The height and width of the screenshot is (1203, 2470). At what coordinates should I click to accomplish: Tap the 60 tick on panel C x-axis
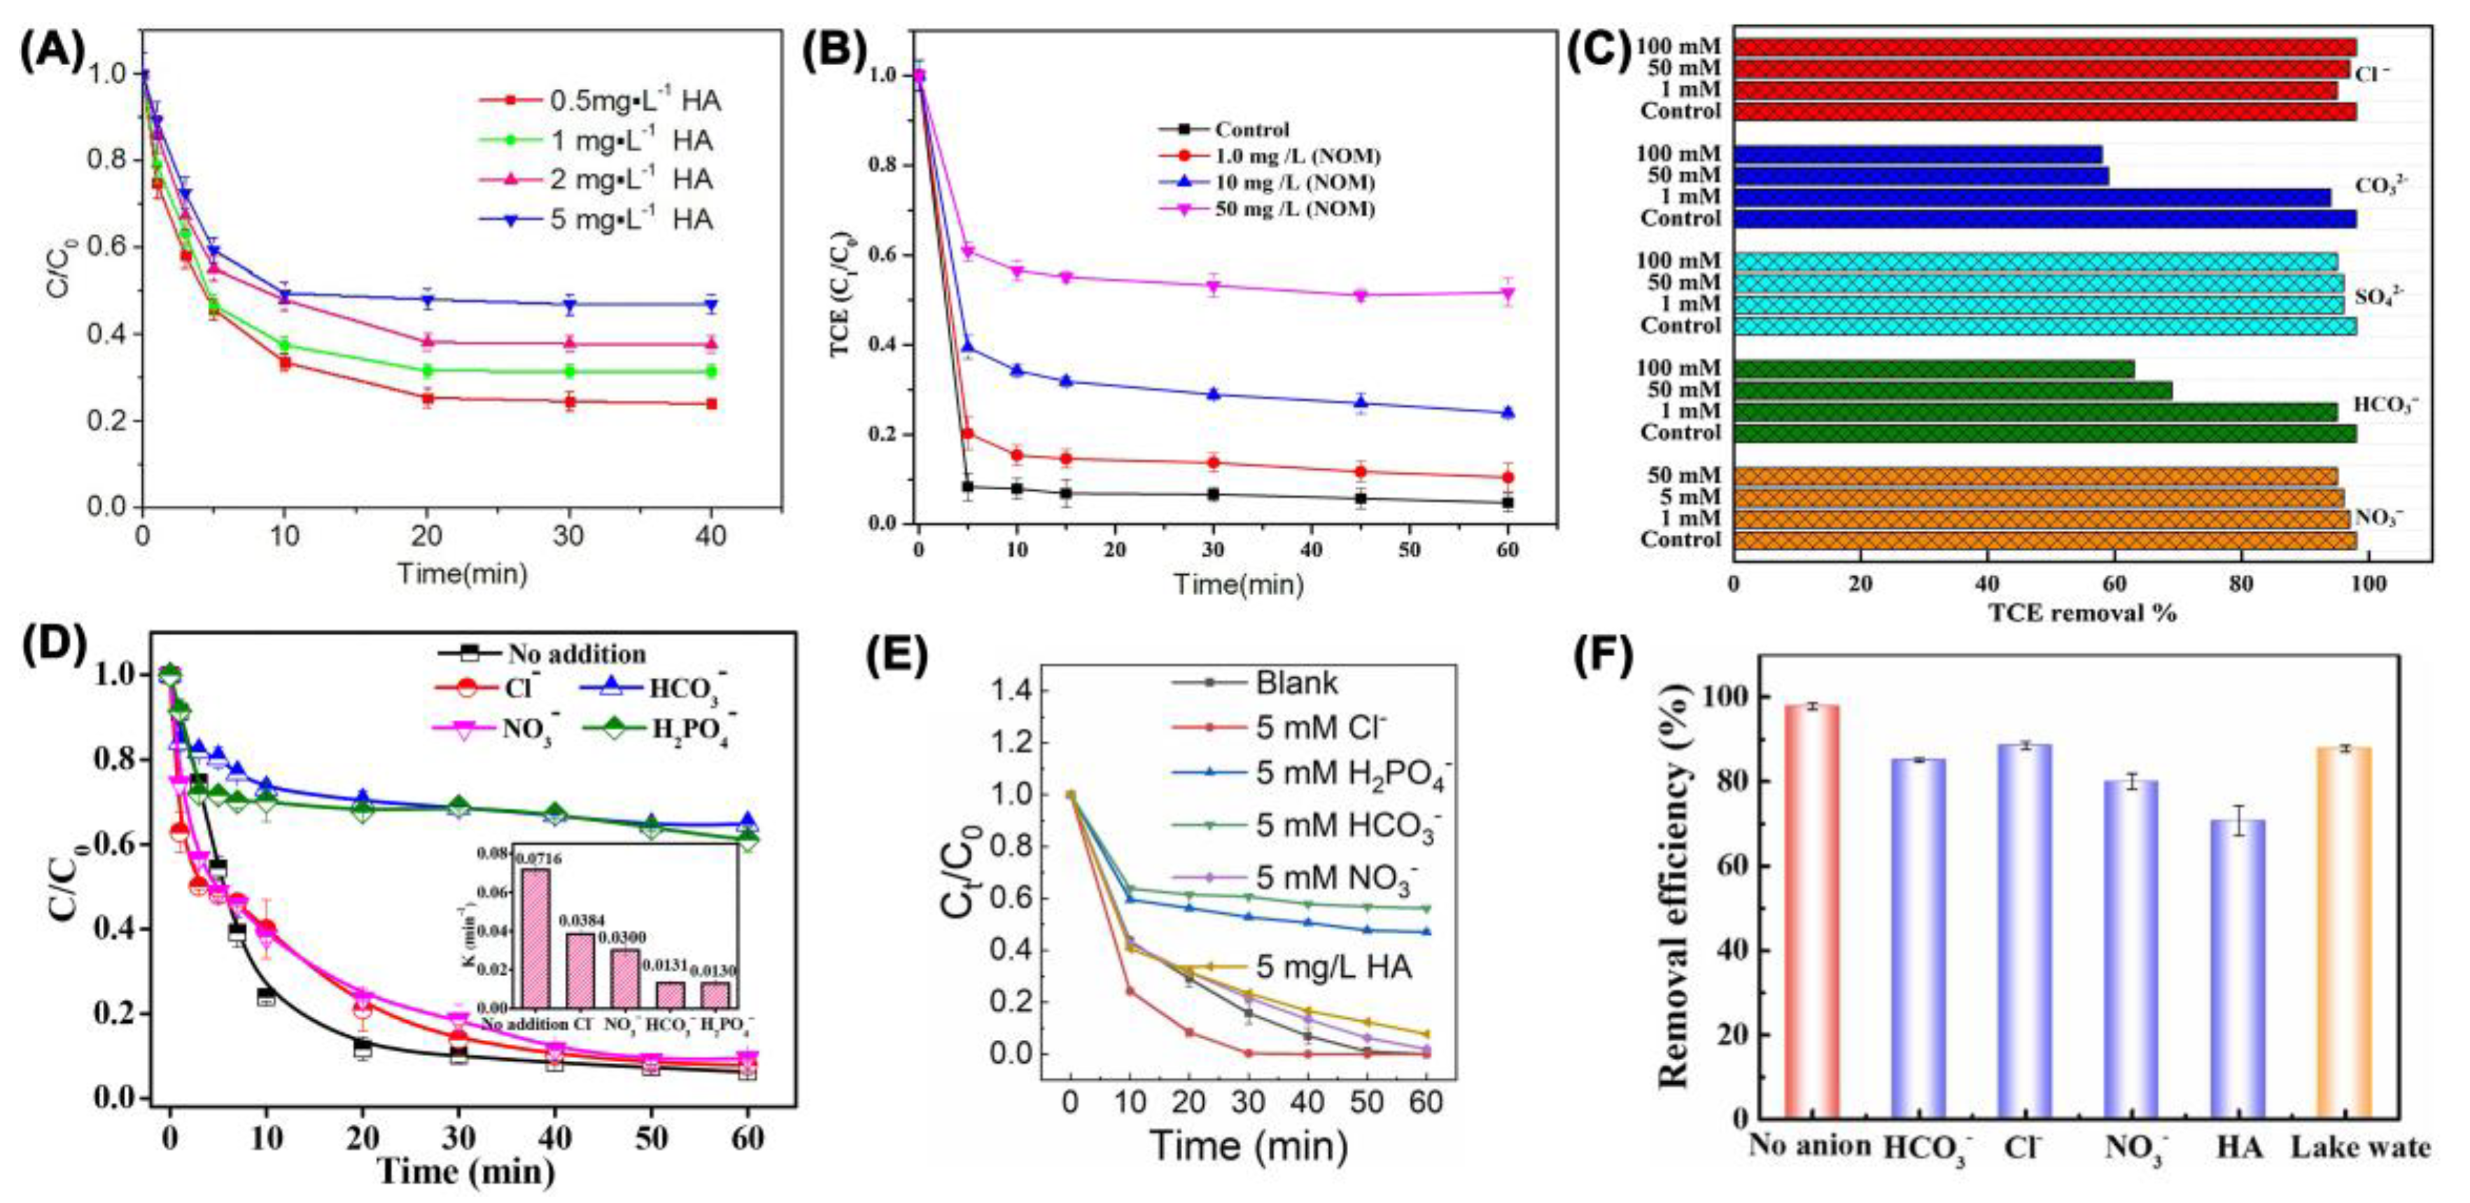tap(2114, 583)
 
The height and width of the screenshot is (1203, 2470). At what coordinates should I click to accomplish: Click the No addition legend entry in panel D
tap(575, 654)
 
